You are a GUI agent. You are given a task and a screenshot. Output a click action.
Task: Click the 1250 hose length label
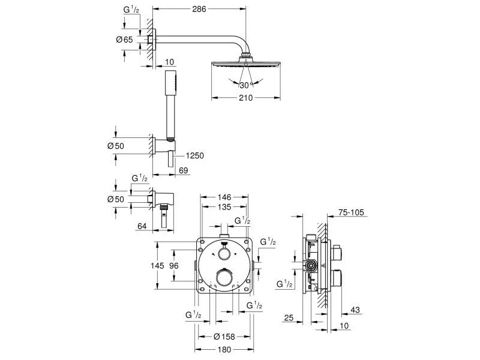pyautogui.click(x=195, y=156)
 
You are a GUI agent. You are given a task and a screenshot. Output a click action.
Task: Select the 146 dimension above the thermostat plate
pyautogui.click(x=224, y=197)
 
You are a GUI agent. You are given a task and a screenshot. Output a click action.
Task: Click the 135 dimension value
pyautogui.click(x=224, y=207)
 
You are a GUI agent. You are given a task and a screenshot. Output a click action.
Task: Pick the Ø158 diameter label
pyautogui.click(x=224, y=337)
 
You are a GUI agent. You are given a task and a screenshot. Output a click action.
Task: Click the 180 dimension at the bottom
pyautogui.click(x=224, y=350)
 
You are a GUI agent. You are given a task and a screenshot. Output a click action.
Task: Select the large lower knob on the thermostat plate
pyautogui.click(x=225, y=277)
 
